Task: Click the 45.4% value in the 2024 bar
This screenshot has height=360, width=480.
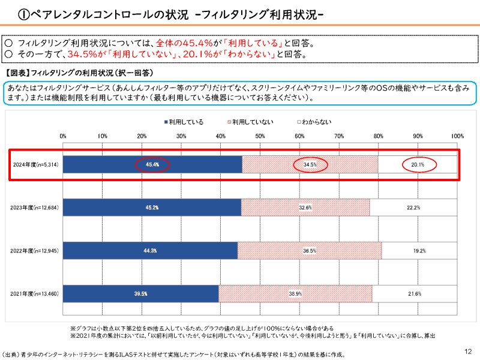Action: [x=152, y=164]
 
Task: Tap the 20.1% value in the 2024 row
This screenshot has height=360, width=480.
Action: [x=418, y=164]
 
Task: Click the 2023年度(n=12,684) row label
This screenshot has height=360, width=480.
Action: [x=34, y=208]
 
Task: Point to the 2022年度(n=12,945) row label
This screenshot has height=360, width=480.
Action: [x=34, y=251]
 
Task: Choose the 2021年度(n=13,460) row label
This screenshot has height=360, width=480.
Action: [x=34, y=294]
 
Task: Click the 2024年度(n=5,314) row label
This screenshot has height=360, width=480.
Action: [x=35, y=164]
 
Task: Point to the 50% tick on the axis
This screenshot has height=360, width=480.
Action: [x=260, y=136]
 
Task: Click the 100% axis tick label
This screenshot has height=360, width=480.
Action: [x=457, y=136]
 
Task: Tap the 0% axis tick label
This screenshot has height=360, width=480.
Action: [x=63, y=136]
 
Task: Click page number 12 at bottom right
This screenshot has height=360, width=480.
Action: [x=468, y=352]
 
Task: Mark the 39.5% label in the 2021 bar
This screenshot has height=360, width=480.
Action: [x=141, y=294]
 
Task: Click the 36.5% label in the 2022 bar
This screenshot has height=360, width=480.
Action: [x=310, y=251]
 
